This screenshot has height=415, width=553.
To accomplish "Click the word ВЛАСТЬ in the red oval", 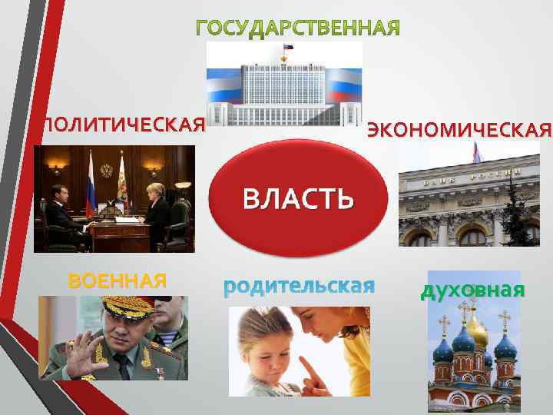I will (x=298, y=198).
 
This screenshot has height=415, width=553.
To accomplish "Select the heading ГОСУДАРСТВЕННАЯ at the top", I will (x=298, y=29).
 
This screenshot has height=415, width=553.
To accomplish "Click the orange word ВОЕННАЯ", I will (x=118, y=281).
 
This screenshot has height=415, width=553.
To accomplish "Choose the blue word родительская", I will (x=299, y=287).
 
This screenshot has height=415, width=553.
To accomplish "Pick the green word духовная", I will (x=472, y=290).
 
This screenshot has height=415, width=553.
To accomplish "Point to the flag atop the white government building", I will (x=288, y=48).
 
